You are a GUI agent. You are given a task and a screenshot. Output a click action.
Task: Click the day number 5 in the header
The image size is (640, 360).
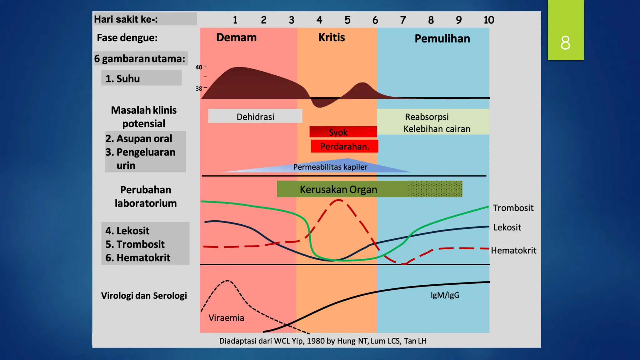point(347,20)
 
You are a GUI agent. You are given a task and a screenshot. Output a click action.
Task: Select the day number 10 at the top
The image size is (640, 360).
point(489,20)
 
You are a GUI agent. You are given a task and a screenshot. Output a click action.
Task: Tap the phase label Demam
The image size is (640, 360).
point(236,37)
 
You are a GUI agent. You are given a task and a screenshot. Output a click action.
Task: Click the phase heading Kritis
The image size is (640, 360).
point(331,37)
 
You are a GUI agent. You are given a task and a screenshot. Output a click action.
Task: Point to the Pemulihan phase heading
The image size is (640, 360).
point(442,39)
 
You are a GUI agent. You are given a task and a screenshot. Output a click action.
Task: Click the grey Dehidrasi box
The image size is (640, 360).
point(255,117)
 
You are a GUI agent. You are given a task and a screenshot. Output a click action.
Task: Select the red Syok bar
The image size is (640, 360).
point(343,132)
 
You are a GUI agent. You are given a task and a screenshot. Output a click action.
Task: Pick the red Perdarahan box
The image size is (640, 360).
point(344,146)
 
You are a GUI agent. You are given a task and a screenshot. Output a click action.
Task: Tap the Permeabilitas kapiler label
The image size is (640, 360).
point(330,167)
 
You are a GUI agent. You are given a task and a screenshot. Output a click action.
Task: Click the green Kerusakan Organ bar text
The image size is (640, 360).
point(338,189)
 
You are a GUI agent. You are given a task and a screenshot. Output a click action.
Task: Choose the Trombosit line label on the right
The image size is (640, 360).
point(513,208)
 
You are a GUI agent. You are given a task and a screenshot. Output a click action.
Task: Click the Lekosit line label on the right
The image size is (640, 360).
point(507,227)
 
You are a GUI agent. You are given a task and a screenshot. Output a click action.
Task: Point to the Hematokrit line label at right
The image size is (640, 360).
point(513,251)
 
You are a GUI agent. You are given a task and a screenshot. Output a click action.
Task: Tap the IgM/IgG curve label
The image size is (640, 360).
point(445,295)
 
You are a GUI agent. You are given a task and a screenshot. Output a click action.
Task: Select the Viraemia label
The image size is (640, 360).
point(226,318)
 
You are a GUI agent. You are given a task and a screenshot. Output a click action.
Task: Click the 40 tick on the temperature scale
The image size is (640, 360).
point(198,67)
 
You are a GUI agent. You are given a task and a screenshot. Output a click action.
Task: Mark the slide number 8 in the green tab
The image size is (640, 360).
point(565,42)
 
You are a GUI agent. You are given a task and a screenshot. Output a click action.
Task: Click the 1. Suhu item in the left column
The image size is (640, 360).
point(122,79)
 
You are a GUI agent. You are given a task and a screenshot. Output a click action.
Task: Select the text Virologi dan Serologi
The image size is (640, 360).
point(144,296)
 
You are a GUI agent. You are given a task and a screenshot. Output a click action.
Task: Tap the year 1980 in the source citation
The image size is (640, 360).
point(315,341)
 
